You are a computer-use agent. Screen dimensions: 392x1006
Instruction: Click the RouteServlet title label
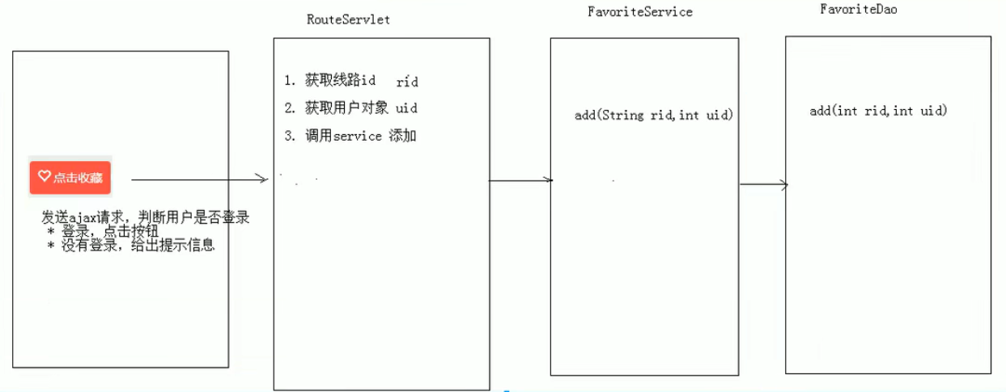[x=348, y=19]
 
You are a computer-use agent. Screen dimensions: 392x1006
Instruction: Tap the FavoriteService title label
[x=639, y=12]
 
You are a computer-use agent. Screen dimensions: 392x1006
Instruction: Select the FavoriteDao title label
[x=858, y=10]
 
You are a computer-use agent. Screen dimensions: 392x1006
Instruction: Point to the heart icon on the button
[x=45, y=176]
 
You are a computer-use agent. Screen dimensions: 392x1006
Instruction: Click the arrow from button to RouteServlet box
[x=198, y=179]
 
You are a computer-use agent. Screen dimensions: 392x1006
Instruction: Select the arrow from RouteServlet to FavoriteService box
[x=520, y=180]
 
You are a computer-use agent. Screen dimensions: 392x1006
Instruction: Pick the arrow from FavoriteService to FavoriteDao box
[x=763, y=184]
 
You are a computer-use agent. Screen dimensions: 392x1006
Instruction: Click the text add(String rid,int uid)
[x=654, y=115]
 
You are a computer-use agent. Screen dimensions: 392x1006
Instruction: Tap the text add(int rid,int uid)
[x=878, y=111]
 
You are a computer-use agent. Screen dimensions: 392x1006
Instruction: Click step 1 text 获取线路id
[x=341, y=81]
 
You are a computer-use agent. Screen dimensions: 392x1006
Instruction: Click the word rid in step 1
[x=407, y=82]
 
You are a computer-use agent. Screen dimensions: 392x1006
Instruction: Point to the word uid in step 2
[x=406, y=108]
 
